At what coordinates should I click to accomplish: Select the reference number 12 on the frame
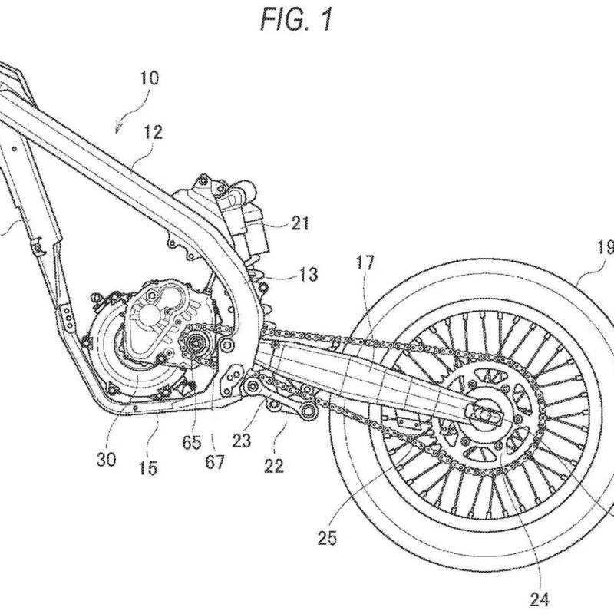pos(153,133)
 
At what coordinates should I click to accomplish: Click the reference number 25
pos(327,538)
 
